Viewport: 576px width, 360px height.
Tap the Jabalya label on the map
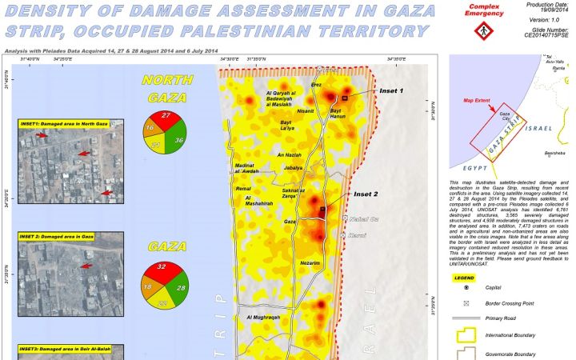coord(294,168)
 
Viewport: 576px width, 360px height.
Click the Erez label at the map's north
coord(315,84)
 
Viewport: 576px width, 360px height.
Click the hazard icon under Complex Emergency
coord(482,30)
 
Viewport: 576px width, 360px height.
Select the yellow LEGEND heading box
coord(464,278)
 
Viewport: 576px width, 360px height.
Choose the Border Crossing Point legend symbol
coord(466,305)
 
